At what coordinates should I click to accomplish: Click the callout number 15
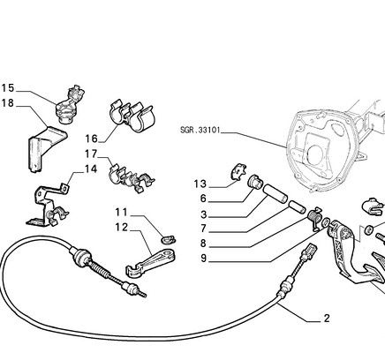click(8, 88)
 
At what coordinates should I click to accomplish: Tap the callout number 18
click(8, 103)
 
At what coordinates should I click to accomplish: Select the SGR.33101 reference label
click(200, 130)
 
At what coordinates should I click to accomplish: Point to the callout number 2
click(327, 319)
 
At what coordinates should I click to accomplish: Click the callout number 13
click(200, 184)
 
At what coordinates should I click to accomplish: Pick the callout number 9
click(204, 259)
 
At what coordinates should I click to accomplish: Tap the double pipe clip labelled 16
click(132, 116)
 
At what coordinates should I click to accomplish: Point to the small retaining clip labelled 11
click(169, 239)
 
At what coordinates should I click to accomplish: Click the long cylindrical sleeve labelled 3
click(275, 193)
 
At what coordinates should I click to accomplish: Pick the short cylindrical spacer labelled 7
click(297, 207)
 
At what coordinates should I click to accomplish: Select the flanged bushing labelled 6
click(254, 181)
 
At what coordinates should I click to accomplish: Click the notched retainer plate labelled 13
click(238, 171)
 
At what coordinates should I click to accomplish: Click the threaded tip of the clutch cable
click(143, 295)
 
